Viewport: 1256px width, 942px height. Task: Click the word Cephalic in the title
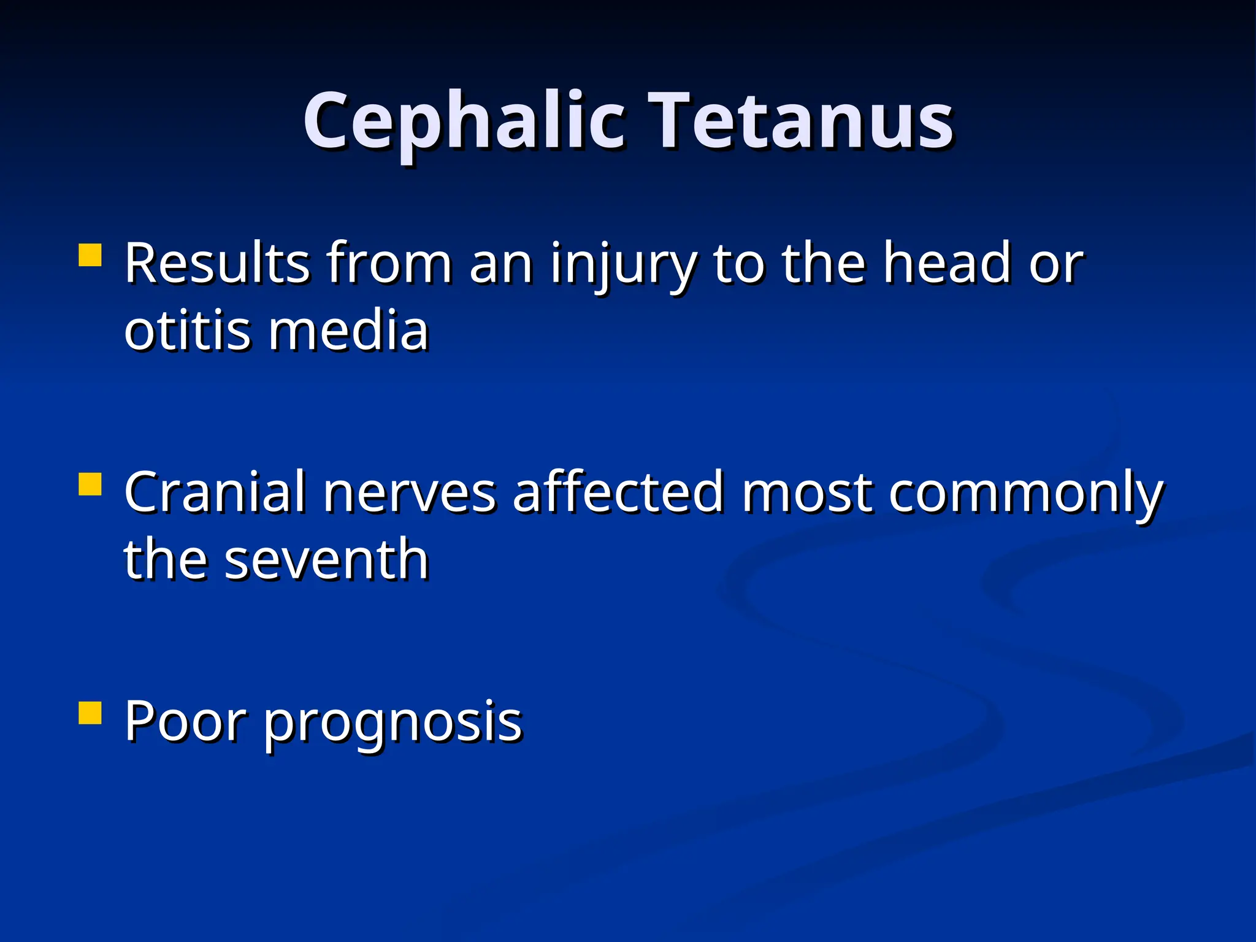click(x=464, y=121)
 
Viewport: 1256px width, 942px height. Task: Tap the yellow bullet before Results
click(x=90, y=255)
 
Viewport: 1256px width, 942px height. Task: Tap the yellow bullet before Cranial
click(x=90, y=484)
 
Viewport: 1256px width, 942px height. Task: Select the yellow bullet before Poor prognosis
click(x=90, y=713)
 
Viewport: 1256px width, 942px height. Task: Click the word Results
click(x=217, y=264)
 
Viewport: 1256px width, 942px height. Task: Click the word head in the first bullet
click(x=948, y=264)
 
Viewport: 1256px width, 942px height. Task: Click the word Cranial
click(x=215, y=492)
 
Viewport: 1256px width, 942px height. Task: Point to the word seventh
click(x=326, y=560)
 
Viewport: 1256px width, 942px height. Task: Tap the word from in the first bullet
click(x=389, y=264)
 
